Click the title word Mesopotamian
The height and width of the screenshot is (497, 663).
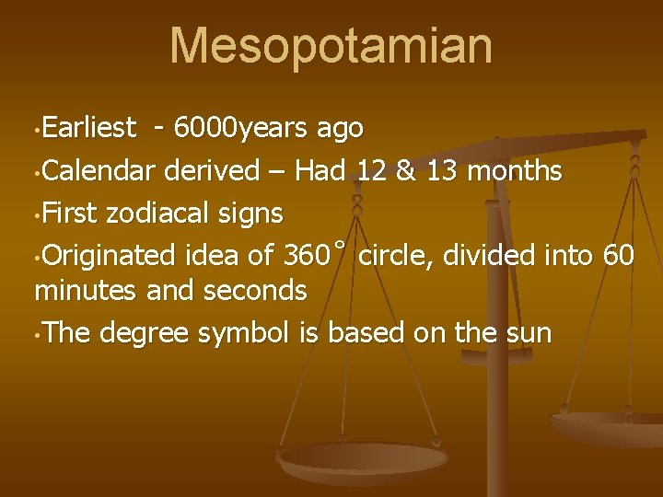pos(331,46)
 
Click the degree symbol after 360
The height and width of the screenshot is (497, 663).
pos(340,246)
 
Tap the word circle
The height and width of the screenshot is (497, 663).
pos(394,255)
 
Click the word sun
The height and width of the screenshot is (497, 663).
pos(531,333)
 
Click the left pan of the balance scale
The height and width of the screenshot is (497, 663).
pos(363,457)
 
